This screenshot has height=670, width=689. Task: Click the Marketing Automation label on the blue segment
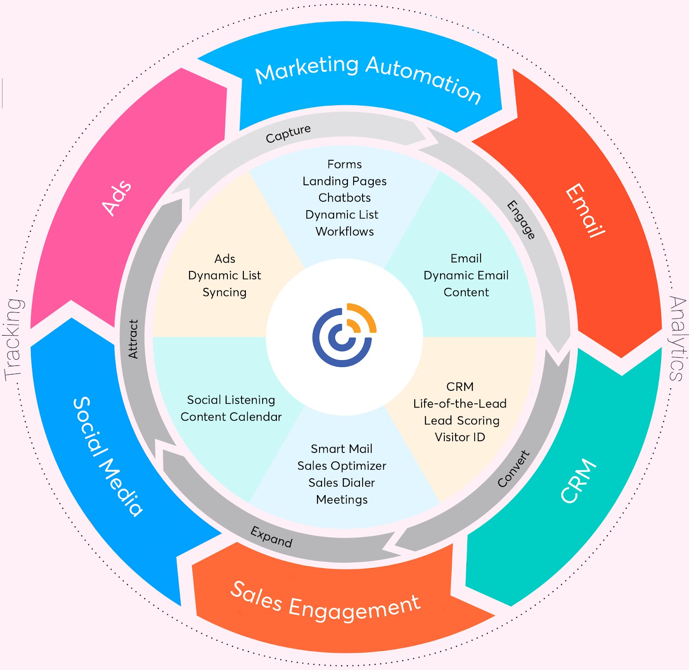(x=368, y=78)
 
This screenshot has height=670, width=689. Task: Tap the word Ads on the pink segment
(x=117, y=198)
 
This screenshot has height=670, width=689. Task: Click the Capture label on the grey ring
(x=288, y=134)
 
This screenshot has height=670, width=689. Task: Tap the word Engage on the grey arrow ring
(x=521, y=220)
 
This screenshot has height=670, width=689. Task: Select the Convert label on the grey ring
(x=513, y=469)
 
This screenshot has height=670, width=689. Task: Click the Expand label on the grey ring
(x=272, y=536)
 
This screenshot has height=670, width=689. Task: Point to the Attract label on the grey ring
(x=133, y=339)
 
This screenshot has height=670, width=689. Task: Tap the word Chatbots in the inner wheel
(x=344, y=198)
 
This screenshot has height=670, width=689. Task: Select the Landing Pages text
(x=344, y=181)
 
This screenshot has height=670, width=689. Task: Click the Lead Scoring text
(x=462, y=420)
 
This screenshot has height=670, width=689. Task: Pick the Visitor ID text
(x=460, y=437)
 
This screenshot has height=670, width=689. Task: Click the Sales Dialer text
(x=341, y=483)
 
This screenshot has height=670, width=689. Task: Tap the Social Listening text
(x=231, y=400)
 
